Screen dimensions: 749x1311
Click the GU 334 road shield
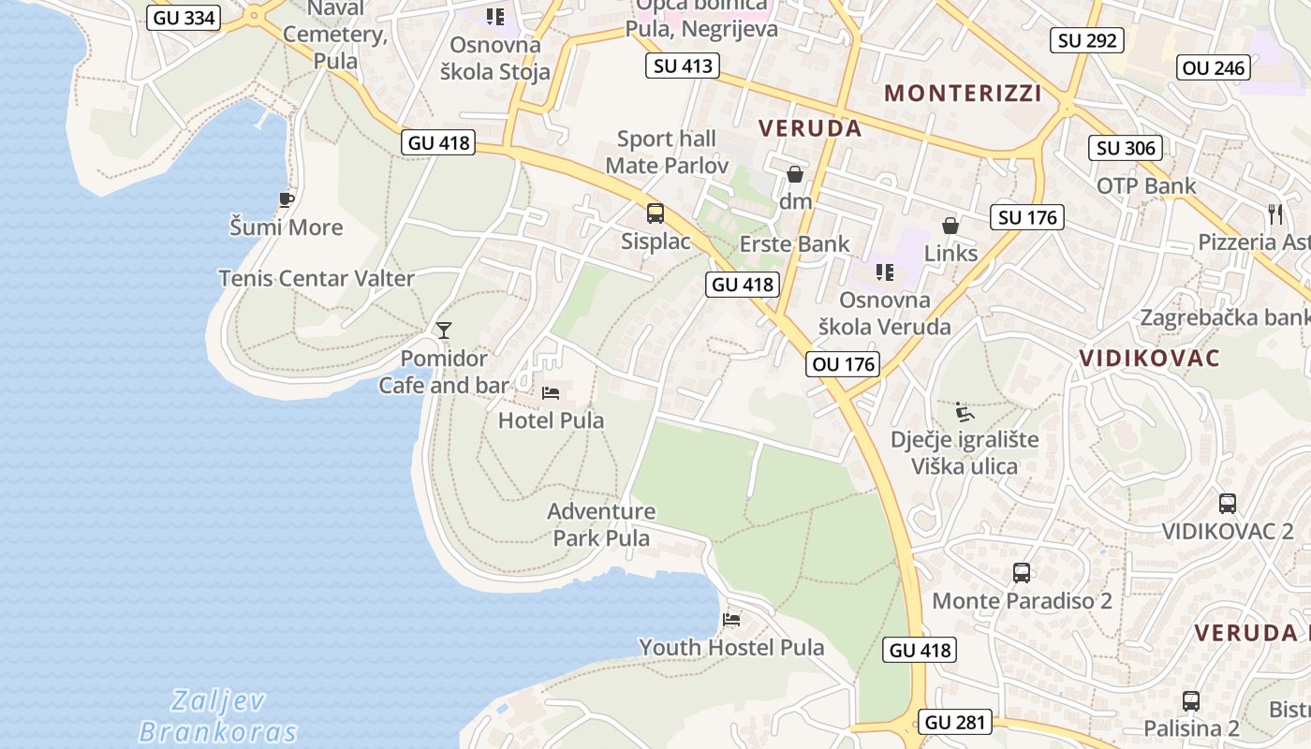pyautogui.click(x=184, y=17)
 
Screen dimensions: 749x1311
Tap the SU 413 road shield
pyautogui.click(x=684, y=66)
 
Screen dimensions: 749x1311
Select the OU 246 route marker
pyautogui.click(x=1214, y=67)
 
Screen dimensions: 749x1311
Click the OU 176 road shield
pyautogui.click(x=844, y=363)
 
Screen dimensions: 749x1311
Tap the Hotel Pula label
pyautogui.click(x=551, y=420)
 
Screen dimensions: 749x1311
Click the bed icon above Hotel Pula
pyautogui.click(x=551, y=393)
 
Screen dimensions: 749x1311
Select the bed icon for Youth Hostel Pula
pyautogui.click(x=731, y=619)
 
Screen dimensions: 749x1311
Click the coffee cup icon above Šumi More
pyautogui.click(x=287, y=199)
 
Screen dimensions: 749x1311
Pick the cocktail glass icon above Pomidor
pyautogui.click(x=444, y=330)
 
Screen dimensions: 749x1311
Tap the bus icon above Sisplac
pyautogui.click(x=655, y=213)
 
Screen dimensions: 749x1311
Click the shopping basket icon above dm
pyautogui.click(x=795, y=173)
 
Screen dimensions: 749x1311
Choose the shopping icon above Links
pyautogui.click(x=950, y=226)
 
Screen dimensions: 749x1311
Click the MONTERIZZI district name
pyautogui.click(x=963, y=93)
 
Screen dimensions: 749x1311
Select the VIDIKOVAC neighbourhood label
pyautogui.click(x=1149, y=358)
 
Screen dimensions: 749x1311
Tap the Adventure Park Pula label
pyautogui.click(x=601, y=524)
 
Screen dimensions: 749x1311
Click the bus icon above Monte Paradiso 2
pyautogui.click(x=1022, y=573)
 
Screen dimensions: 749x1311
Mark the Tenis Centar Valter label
pyautogui.click(x=317, y=278)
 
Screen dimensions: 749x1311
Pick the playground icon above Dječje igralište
pyautogui.click(x=964, y=412)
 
